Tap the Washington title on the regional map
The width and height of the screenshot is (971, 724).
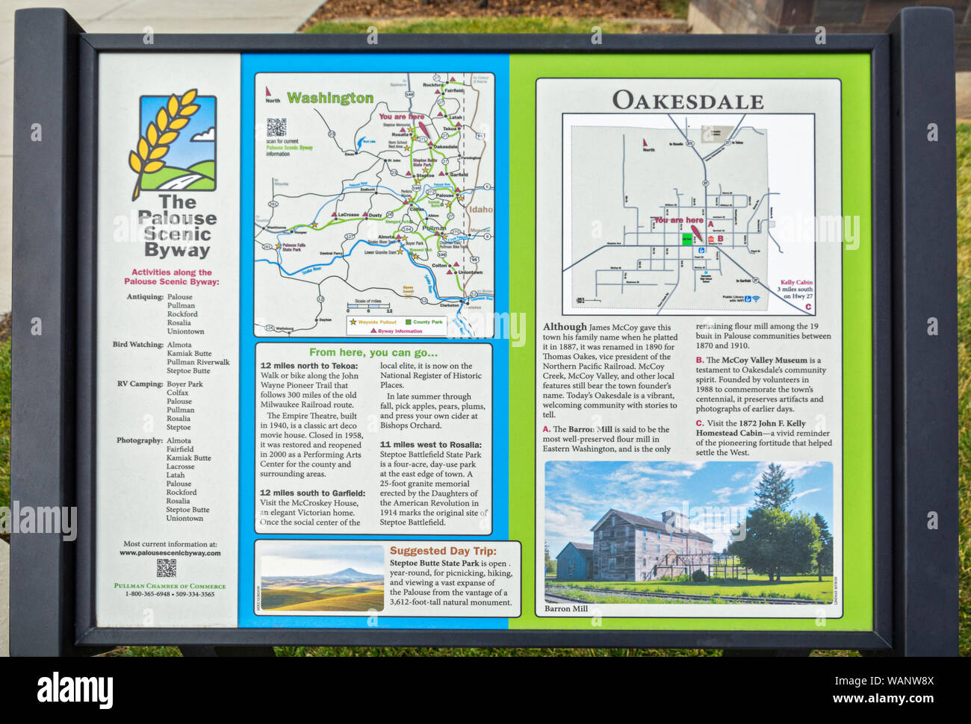tap(329, 98)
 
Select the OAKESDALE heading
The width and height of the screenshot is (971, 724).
tap(687, 101)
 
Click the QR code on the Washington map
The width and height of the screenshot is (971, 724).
tap(276, 128)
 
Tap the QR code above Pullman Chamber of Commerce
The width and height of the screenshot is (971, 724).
tap(166, 568)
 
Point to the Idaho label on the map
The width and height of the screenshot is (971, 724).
tap(480, 210)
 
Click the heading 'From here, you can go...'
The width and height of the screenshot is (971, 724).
tap(373, 352)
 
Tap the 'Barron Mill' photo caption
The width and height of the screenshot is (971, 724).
tap(565, 609)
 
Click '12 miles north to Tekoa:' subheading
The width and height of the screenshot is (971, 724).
tap(308, 366)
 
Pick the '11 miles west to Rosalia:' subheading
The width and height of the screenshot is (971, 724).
tap(430, 445)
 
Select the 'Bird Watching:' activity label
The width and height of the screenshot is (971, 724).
tap(139, 345)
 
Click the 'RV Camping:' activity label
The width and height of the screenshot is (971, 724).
tap(140, 384)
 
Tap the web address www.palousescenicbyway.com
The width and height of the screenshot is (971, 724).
tap(170, 553)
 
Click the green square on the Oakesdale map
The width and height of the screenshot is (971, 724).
tap(686, 239)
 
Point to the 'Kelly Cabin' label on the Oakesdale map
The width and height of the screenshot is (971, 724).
tap(795, 283)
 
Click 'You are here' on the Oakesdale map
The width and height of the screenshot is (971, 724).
tap(677, 220)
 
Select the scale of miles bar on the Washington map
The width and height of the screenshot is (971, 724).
tap(368, 306)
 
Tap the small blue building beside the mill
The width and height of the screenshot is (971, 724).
tap(574, 561)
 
